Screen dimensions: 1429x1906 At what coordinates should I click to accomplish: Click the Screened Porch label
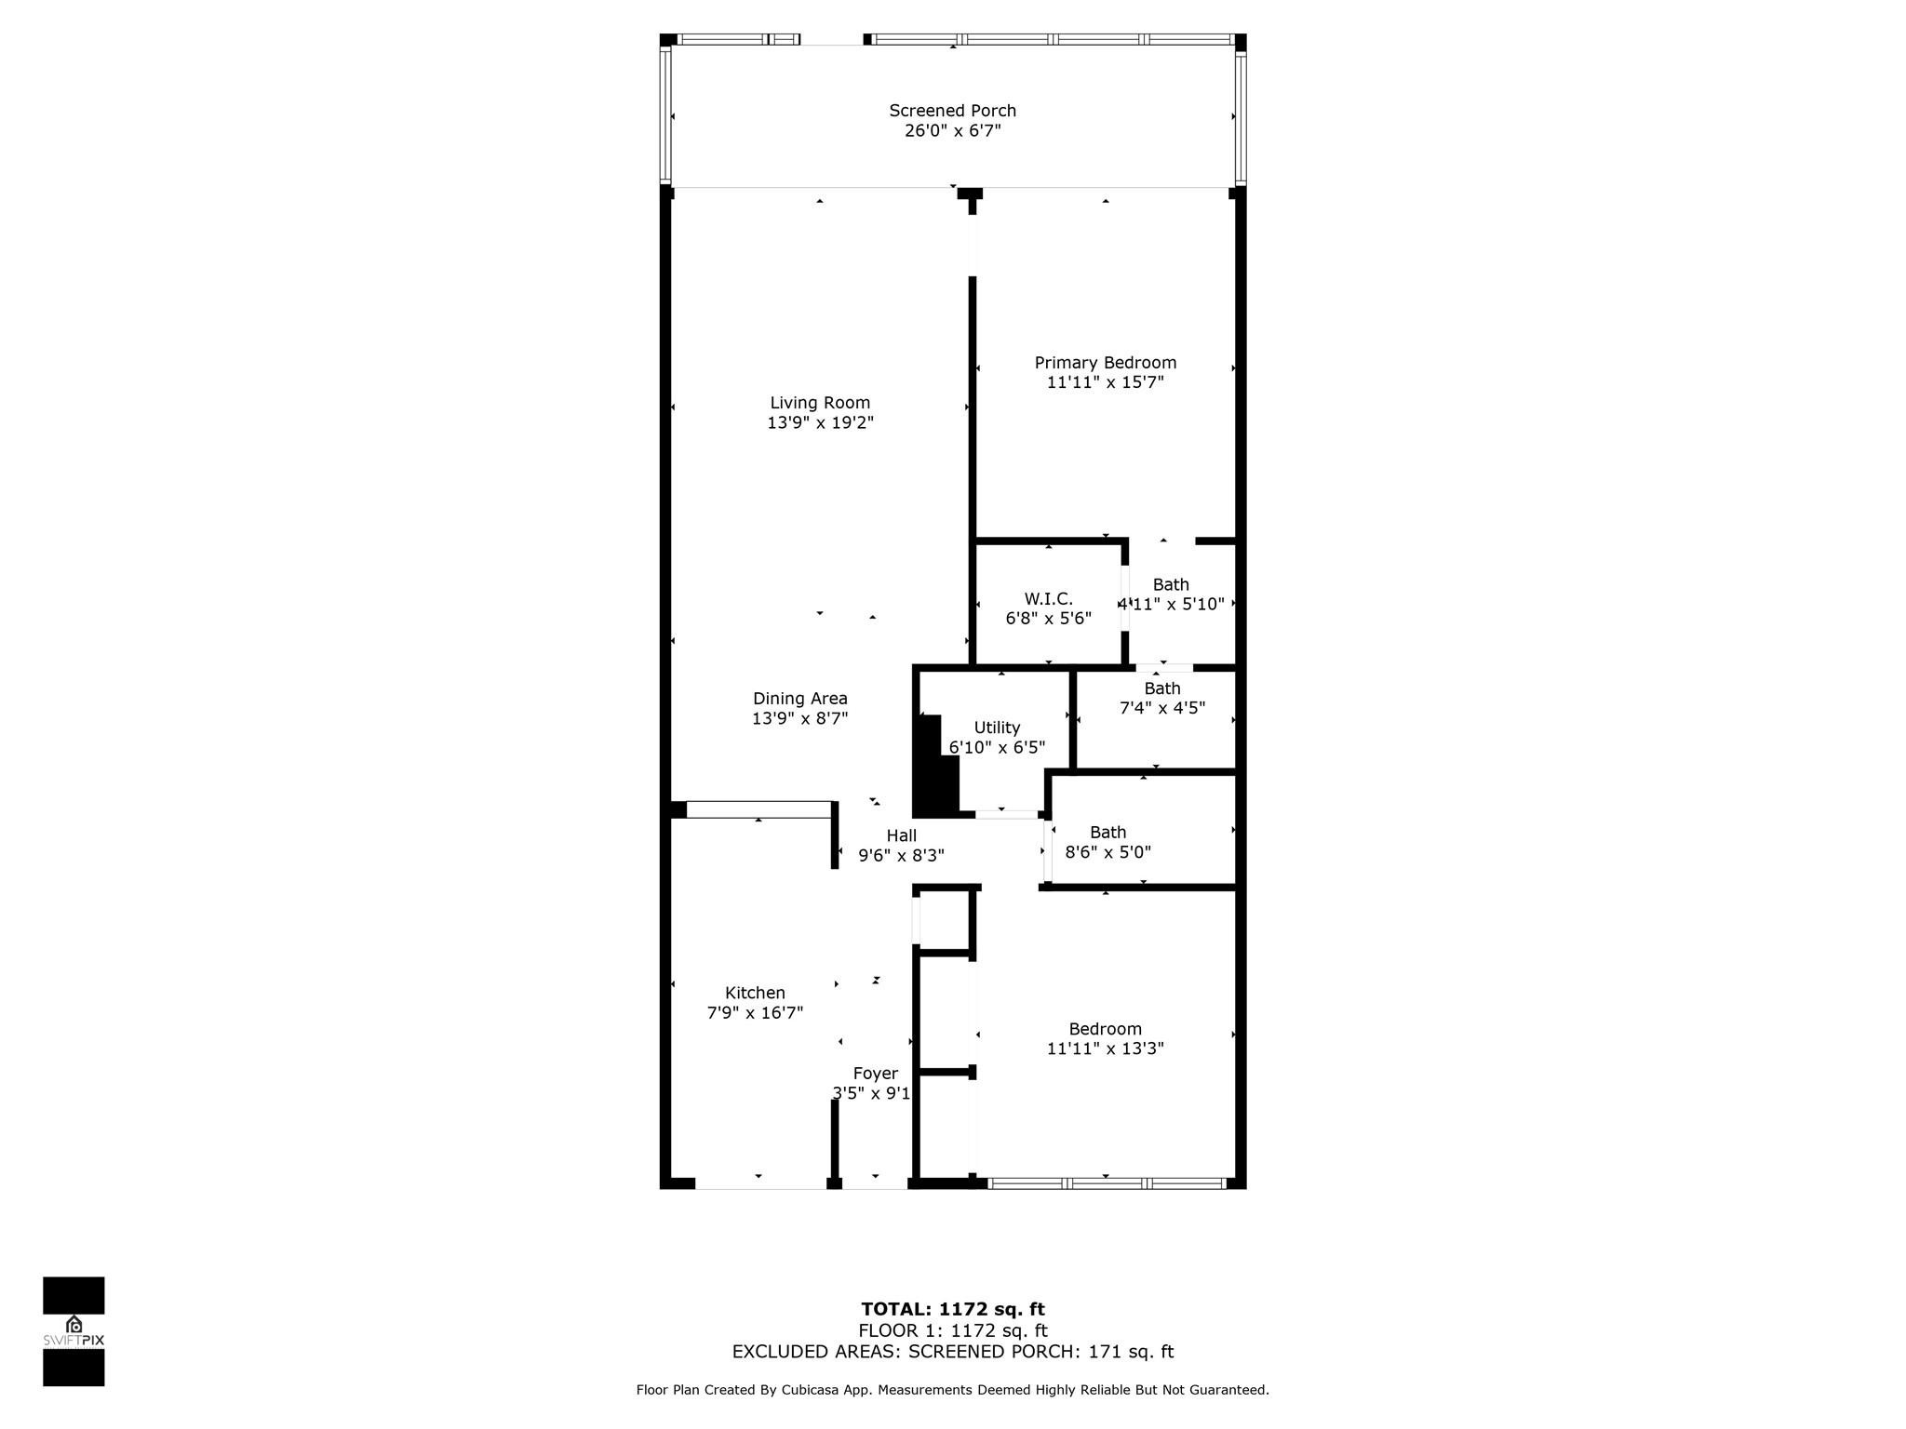click(x=952, y=111)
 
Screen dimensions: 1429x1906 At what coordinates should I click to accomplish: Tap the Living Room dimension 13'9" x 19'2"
click(x=820, y=422)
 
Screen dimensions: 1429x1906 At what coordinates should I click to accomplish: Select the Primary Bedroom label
click(x=1105, y=363)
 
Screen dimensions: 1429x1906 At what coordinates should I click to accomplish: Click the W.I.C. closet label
click(x=1048, y=599)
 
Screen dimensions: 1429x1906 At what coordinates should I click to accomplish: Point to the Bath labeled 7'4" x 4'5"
click(x=1161, y=698)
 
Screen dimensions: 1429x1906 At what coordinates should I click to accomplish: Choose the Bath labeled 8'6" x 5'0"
click(x=1107, y=842)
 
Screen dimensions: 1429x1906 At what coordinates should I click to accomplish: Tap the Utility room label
click(x=997, y=728)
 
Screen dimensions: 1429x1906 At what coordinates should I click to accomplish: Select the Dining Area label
click(x=799, y=699)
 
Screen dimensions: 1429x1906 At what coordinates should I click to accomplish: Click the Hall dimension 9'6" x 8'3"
click(x=901, y=856)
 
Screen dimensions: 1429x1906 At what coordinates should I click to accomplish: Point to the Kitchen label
click(x=755, y=993)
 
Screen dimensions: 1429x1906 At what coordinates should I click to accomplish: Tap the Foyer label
click(x=875, y=1074)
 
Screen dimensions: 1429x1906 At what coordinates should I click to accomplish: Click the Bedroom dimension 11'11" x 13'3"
click(x=1105, y=1048)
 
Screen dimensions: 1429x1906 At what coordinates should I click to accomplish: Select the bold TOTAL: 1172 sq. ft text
click(x=952, y=1309)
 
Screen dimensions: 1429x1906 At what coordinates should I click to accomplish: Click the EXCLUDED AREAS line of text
click(x=952, y=1352)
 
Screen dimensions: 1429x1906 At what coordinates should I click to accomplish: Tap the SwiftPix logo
click(x=74, y=1331)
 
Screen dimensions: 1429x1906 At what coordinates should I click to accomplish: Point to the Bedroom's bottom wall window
click(x=1106, y=1183)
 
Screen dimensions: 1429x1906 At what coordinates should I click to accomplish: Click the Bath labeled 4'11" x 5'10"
click(x=1171, y=594)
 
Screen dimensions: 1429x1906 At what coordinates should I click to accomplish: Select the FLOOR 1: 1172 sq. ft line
click(x=952, y=1330)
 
